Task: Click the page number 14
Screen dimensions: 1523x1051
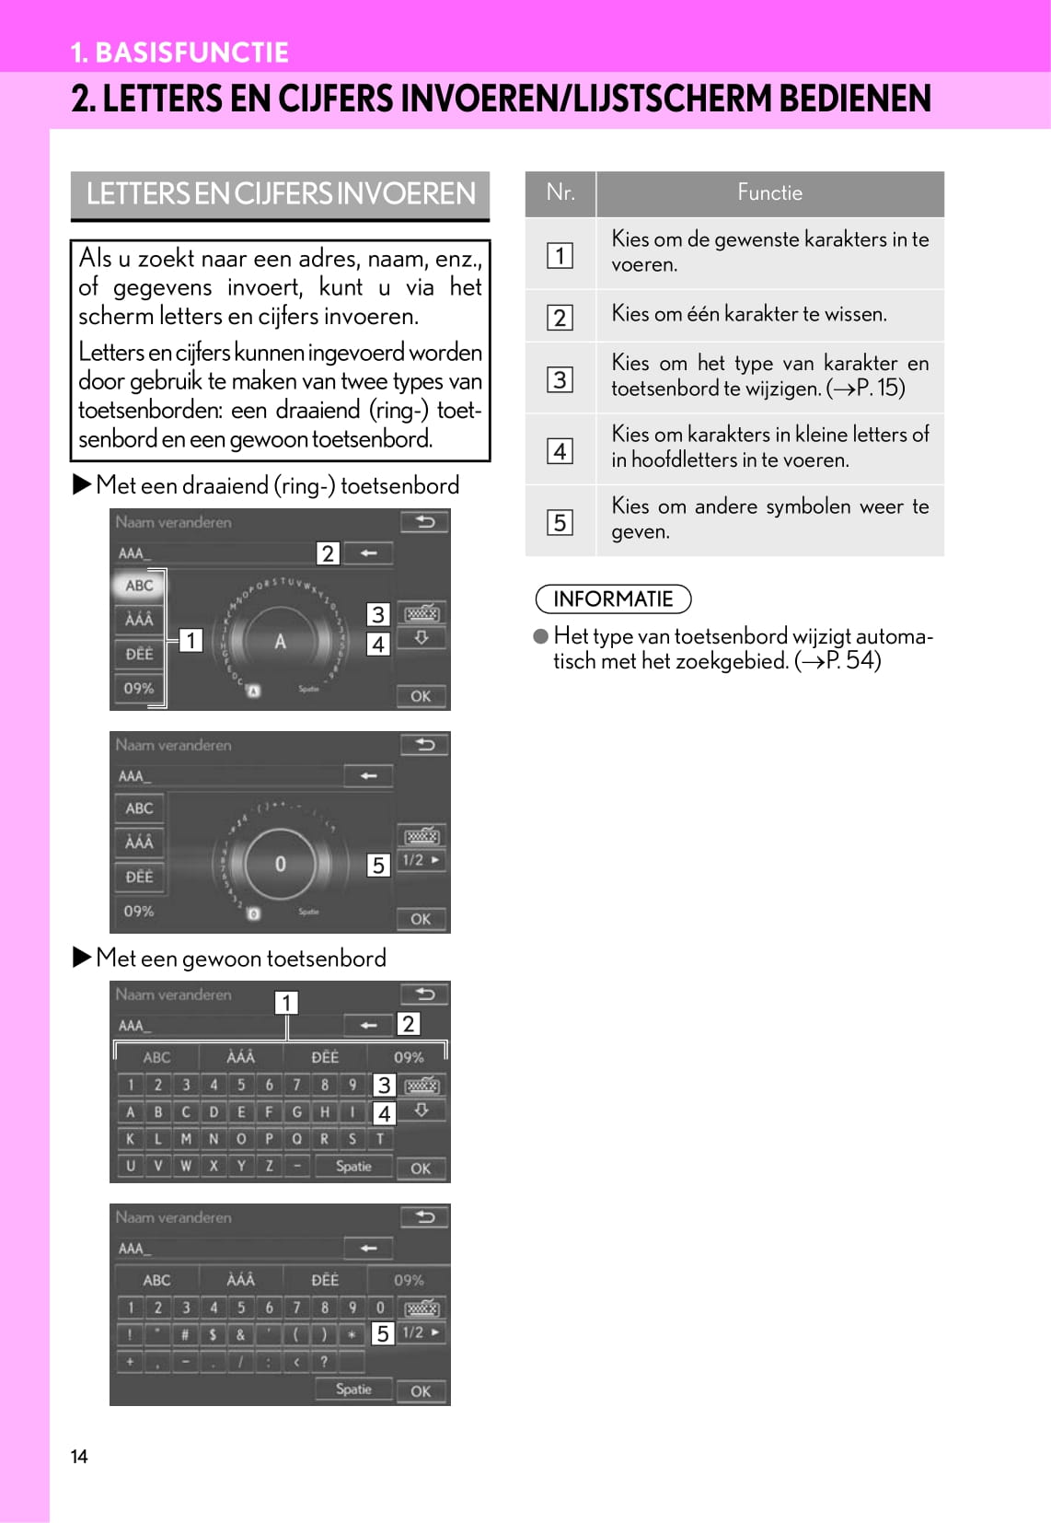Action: (79, 1456)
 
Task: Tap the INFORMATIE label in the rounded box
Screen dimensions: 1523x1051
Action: (613, 599)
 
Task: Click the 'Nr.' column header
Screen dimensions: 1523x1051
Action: (560, 192)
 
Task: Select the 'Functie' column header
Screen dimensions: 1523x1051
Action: (769, 192)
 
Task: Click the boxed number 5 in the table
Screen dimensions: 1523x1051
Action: (560, 522)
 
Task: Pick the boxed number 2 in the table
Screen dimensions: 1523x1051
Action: (560, 317)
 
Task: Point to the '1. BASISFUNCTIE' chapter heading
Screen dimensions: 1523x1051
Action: (179, 52)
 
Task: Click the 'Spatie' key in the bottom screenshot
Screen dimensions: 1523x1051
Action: (353, 1389)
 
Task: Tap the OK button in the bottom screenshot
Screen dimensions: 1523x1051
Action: (421, 1391)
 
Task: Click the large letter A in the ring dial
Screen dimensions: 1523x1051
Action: (280, 641)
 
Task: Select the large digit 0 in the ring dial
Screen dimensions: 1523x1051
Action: (280, 864)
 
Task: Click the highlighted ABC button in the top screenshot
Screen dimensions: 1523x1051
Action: (139, 586)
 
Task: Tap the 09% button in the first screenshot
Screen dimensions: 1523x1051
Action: (139, 688)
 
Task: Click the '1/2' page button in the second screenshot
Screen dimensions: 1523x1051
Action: (421, 860)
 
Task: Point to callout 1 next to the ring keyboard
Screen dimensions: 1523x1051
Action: (191, 640)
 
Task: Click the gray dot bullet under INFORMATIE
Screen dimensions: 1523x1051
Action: (541, 636)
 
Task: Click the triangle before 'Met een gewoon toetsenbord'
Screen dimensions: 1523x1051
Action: (82, 958)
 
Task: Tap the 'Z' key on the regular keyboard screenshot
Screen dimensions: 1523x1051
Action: (269, 1166)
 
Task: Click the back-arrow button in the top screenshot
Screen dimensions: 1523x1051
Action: (424, 522)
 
